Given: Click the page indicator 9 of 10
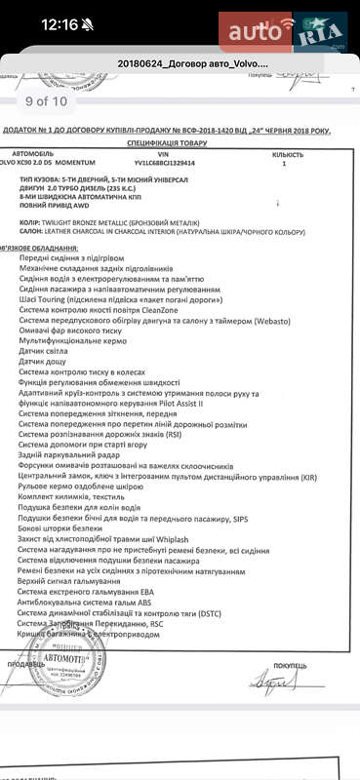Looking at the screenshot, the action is tap(46, 99).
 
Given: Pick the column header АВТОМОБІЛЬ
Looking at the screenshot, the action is tap(39, 155).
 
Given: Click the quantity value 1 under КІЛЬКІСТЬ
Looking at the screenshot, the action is tap(284, 164).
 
